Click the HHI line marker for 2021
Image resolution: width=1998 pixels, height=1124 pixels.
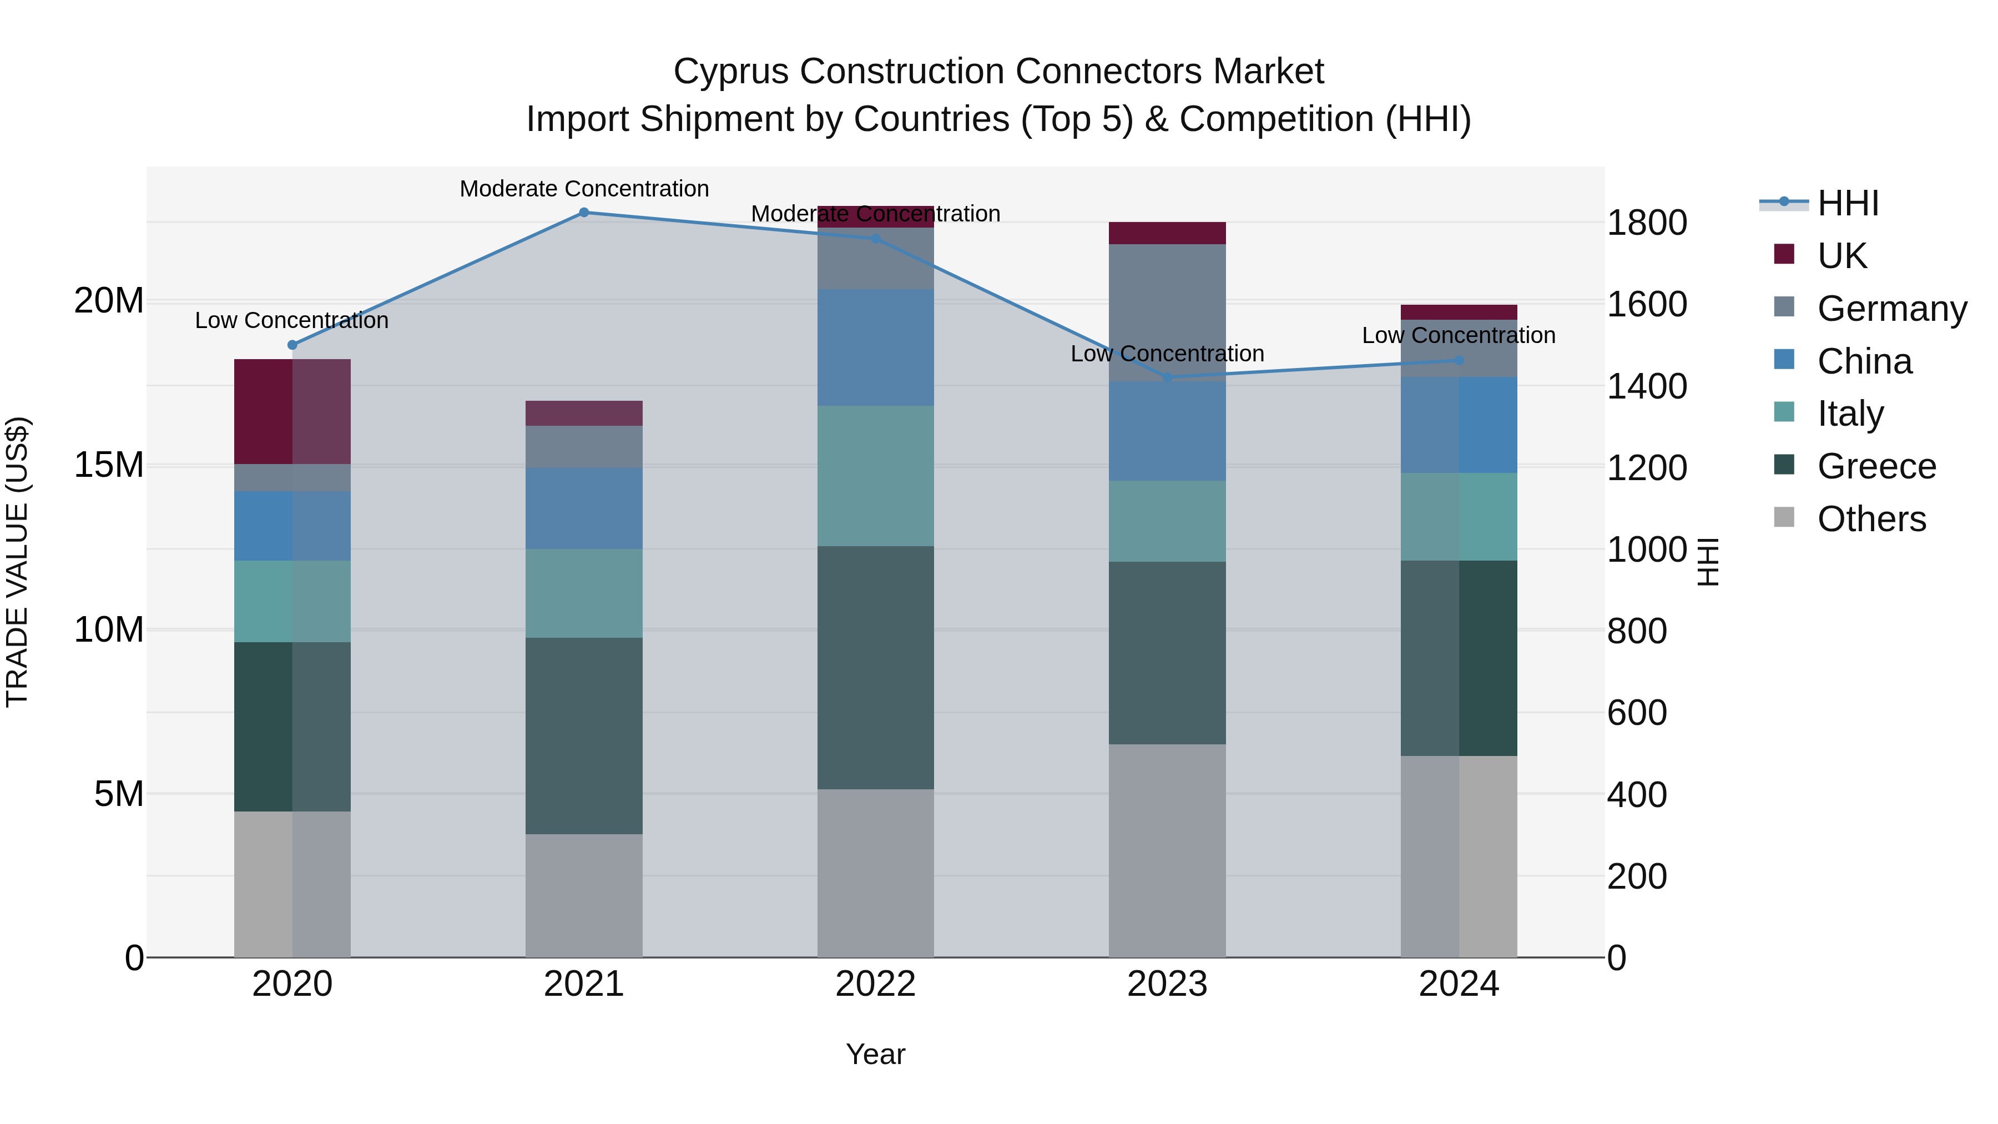click(584, 213)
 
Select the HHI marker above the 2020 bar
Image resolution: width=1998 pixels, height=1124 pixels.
click(292, 345)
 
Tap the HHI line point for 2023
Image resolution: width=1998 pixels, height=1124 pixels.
click(1167, 378)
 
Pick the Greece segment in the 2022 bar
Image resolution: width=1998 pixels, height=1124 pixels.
click(876, 668)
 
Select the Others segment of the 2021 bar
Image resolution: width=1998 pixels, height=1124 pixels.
click(584, 896)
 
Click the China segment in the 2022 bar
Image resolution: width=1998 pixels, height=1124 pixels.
click(876, 347)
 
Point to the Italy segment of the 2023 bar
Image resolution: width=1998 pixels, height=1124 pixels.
click(1167, 521)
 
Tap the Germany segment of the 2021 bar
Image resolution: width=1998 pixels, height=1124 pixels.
click(584, 447)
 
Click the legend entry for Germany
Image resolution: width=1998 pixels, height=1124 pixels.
click(1891, 309)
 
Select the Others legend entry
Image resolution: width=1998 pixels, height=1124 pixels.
click(1871, 519)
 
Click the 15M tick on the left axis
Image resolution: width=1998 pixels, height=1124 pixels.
click(109, 466)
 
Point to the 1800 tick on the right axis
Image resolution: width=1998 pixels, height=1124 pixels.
click(1646, 223)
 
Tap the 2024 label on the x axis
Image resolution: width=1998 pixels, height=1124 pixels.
click(1458, 984)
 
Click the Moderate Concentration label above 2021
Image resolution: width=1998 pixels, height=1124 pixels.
click(584, 189)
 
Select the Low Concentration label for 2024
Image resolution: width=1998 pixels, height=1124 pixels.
click(1458, 335)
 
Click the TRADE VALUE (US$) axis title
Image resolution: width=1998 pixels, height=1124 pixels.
click(17, 562)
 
